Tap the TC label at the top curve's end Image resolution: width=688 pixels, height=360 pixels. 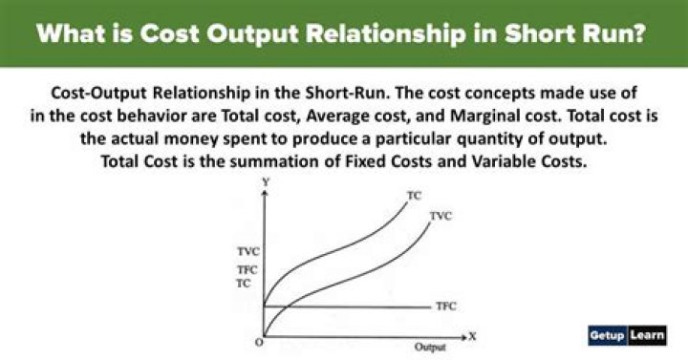pyautogui.click(x=414, y=195)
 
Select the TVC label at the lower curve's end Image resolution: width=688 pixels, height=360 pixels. pyautogui.click(x=440, y=217)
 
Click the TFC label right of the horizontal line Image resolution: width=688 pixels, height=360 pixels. pyautogui.click(x=445, y=306)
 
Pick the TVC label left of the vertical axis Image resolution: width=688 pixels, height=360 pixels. pyautogui.click(x=247, y=251)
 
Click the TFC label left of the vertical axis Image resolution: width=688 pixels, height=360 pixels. pyautogui.click(x=247, y=270)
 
